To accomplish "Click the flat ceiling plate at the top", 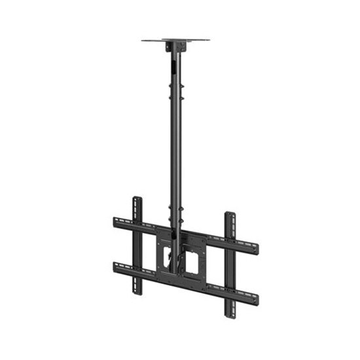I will tap(175, 40).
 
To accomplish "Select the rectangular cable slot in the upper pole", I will tap(175, 65).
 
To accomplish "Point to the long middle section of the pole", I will tap(175, 151).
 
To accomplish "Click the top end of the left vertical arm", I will tap(137, 199).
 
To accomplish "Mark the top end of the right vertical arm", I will tap(230, 215).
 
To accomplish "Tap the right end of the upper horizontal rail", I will tap(255, 249).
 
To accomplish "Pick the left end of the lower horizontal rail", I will tap(117, 266).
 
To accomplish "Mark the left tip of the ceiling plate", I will tap(143, 40).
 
